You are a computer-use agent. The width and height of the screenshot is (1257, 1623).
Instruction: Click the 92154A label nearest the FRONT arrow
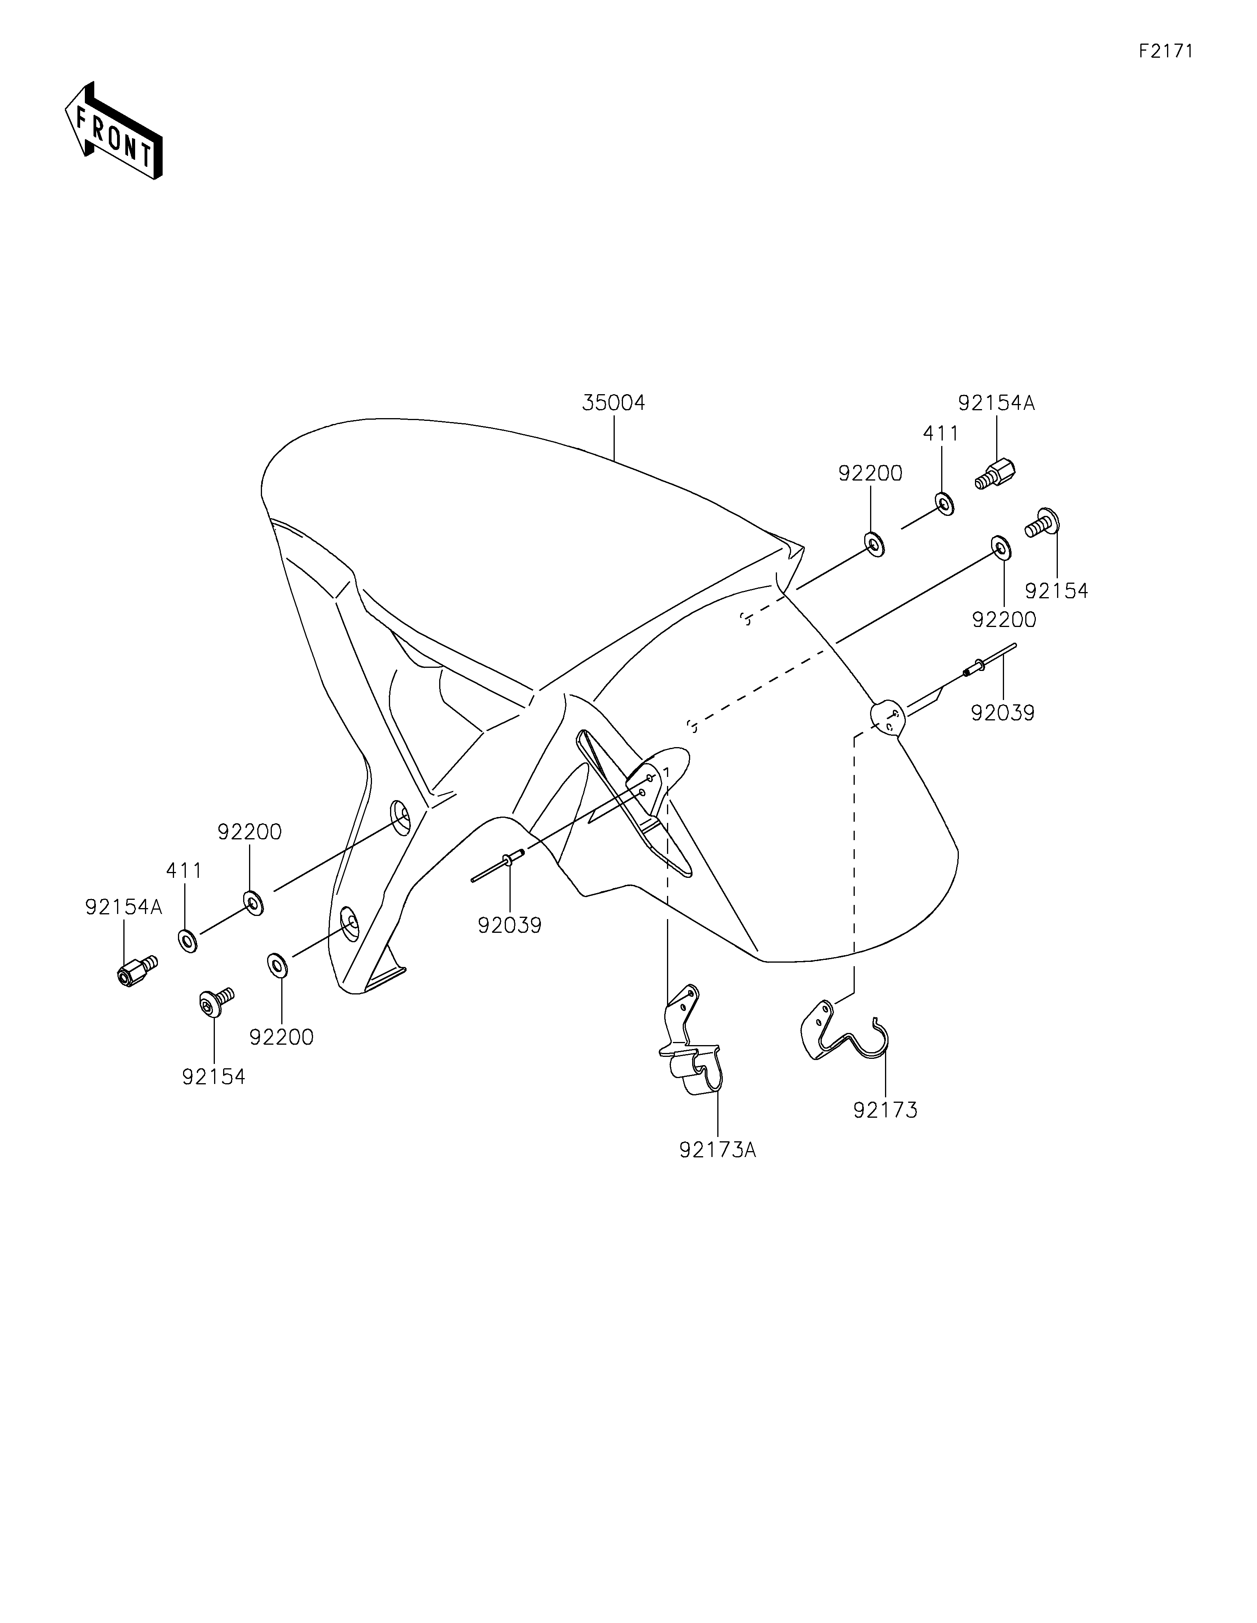123,907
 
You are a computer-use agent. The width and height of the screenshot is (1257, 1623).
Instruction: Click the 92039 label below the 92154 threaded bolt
1002,713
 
